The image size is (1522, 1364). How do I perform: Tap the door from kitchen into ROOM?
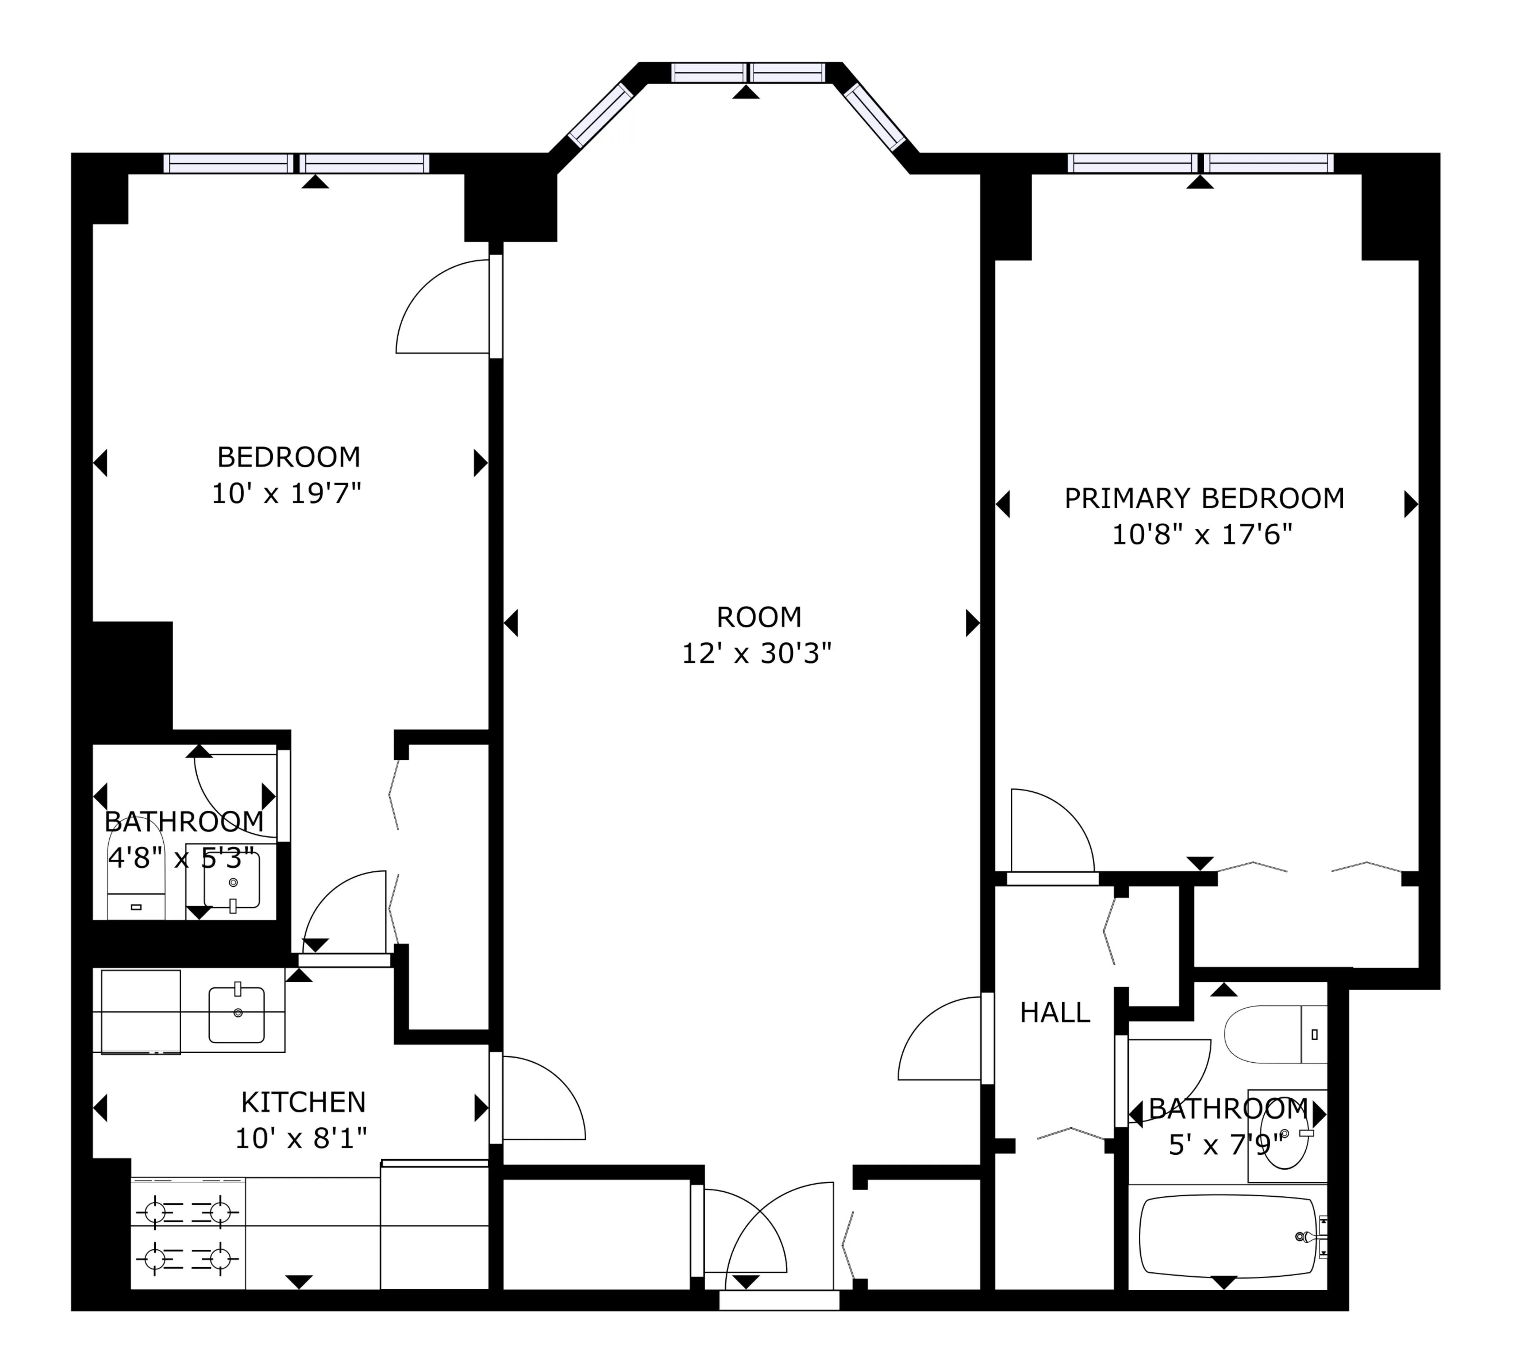[x=539, y=1098]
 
